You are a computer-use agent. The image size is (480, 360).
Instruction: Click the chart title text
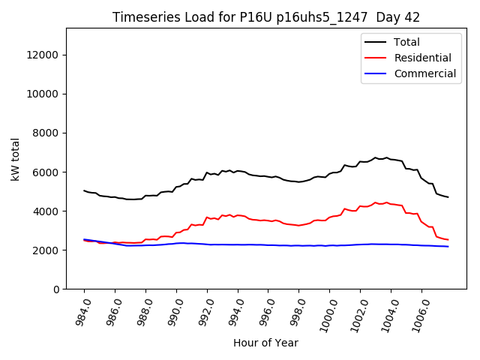coord(266,17)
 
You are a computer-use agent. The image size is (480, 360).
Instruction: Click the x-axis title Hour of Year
coord(265,343)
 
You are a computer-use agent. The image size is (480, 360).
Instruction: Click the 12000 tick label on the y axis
coord(44,55)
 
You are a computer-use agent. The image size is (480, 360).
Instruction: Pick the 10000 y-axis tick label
coord(44,94)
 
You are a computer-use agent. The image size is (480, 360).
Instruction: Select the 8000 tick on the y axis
coord(47,133)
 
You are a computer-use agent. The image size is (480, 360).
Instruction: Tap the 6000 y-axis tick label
coord(47,172)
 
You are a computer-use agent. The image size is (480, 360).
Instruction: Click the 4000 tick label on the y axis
coord(47,211)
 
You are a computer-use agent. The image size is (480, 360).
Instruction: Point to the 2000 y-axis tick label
coord(47,250)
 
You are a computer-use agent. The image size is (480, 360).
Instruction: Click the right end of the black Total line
coord(448,197)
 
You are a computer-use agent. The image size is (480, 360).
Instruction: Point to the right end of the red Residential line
coord(448,240)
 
